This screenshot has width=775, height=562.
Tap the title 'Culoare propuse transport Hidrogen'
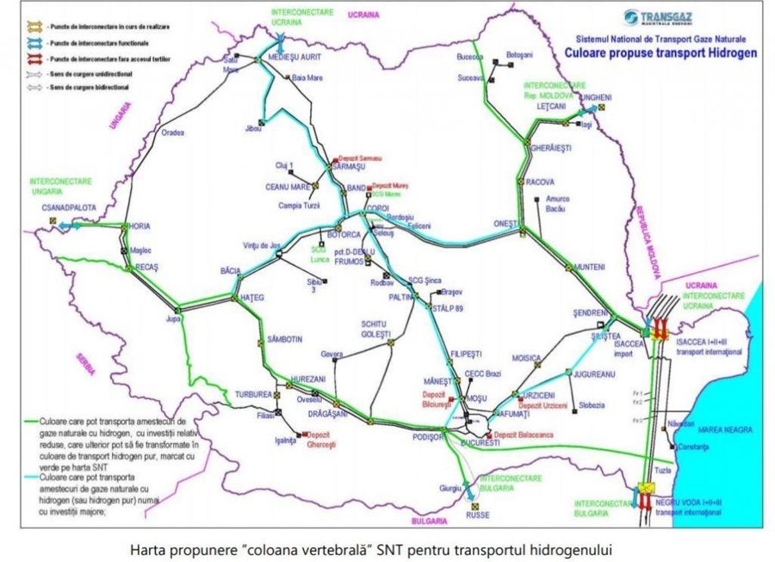coord(661,52)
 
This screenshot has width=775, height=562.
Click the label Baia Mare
coord(307,78)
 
